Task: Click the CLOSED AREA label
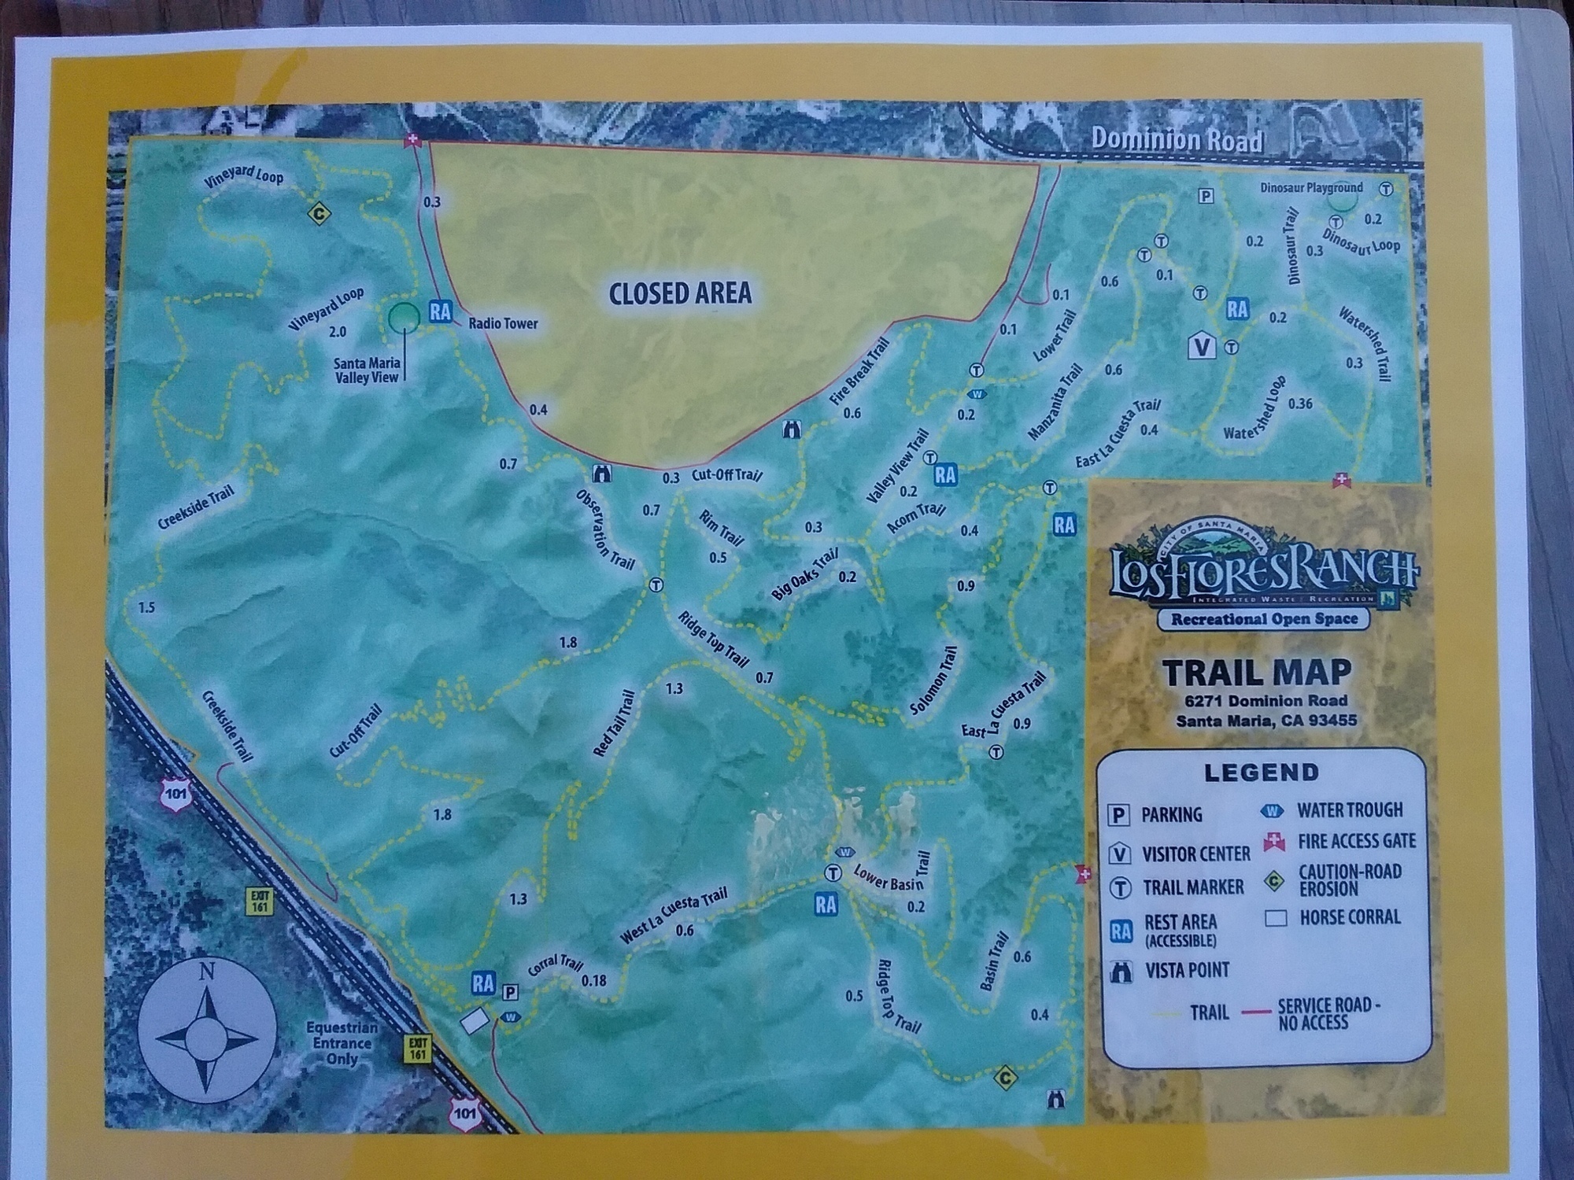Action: coord(680,293)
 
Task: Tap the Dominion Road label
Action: coord(1177,140)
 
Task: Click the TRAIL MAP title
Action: coord(1257,673)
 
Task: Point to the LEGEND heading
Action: coord(1262,773)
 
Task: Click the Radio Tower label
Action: coord(503,323)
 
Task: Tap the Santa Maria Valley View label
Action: coord(367,370)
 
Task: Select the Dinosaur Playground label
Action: coord(1311,188)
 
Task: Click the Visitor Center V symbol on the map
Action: coord(1202,345)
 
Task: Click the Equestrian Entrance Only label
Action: coord(342,1043)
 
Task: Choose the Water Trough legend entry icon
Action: coord(1272,810)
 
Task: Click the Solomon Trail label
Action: coord(934,681)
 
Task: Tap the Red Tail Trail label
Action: coord(615,724)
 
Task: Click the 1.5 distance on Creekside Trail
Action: coord(146,607)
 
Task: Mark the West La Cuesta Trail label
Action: coord(674,916)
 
